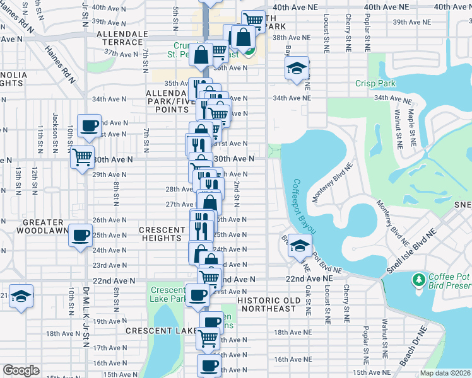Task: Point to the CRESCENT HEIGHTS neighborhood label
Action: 162,234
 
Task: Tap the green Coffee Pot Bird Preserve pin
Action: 418,278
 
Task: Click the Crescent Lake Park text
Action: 167,294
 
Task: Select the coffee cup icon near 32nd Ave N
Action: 88,125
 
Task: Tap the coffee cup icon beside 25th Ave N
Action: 80,235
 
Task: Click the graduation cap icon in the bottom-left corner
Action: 21,295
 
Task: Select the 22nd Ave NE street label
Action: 309,278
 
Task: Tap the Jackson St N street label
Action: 56,126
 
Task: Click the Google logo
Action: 21,370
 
